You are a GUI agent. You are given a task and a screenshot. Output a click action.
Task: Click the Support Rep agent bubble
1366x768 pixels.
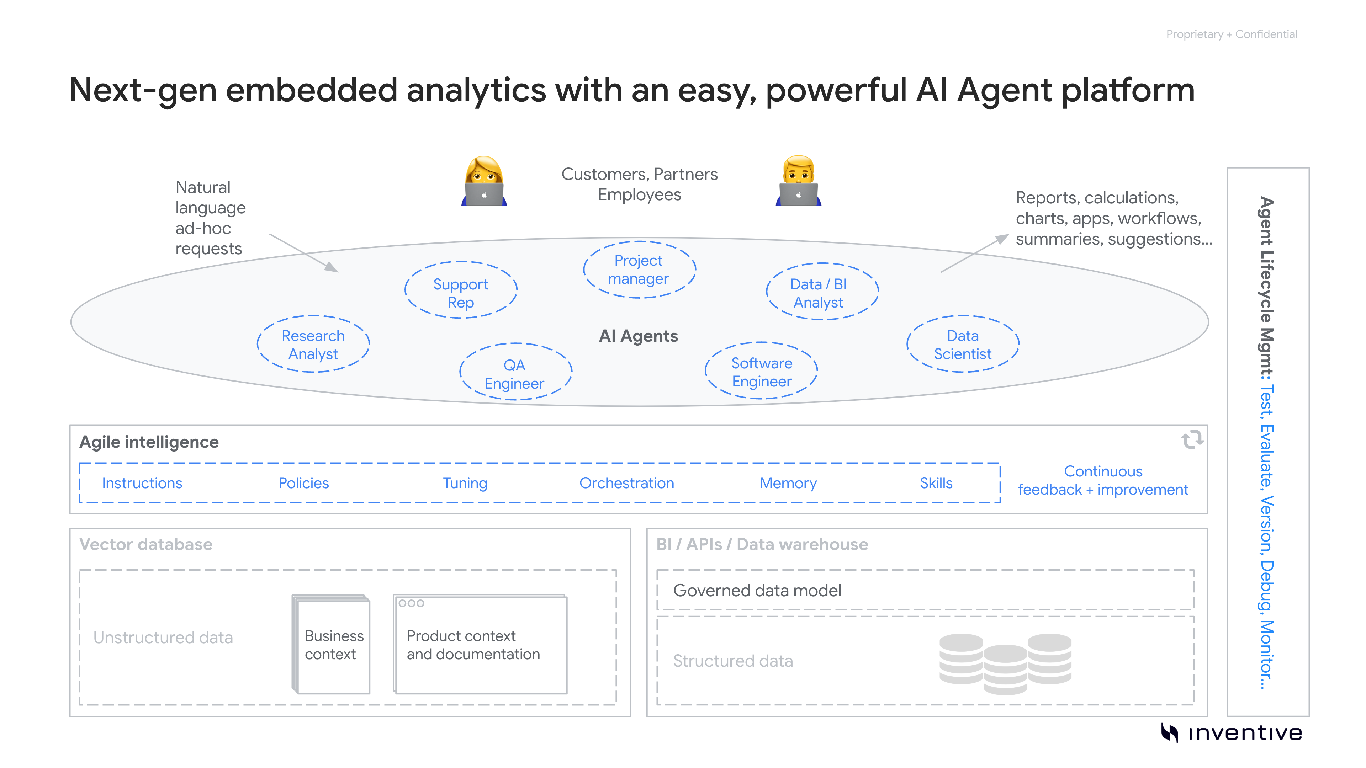click(x=460, y=290)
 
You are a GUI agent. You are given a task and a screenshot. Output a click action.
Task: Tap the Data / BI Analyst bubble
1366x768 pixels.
click(x=822, y=292)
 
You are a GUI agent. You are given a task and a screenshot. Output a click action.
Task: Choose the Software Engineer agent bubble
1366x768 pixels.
click(x=761, y=372)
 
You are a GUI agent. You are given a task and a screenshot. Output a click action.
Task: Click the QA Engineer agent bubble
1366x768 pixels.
click(x=515, y=373)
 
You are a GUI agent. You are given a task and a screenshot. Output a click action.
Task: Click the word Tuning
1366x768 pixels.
click(x=465, y=483)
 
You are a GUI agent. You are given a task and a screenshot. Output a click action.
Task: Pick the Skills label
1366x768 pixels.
click(x=936, y=483)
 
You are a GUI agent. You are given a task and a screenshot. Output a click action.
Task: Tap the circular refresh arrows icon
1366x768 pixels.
click(x=1192, y=439)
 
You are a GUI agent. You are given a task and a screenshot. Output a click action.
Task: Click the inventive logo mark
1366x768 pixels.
click(x=1169, y=732)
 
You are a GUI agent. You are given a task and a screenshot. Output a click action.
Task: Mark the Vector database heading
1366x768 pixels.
click(x=146, y=544)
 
